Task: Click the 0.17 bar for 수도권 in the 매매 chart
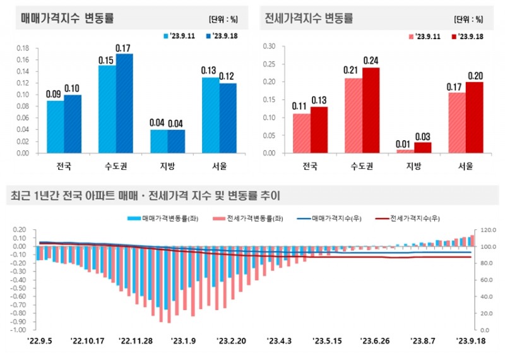coord(124,104)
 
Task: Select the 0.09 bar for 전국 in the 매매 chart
coord(55,127)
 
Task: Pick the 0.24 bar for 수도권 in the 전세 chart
coord(371,110)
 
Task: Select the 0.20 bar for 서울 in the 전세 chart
coord(474,117)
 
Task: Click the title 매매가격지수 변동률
coord(60,18)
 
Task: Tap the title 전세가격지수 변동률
coord(309,18)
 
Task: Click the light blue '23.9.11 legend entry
coord(181,36)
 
